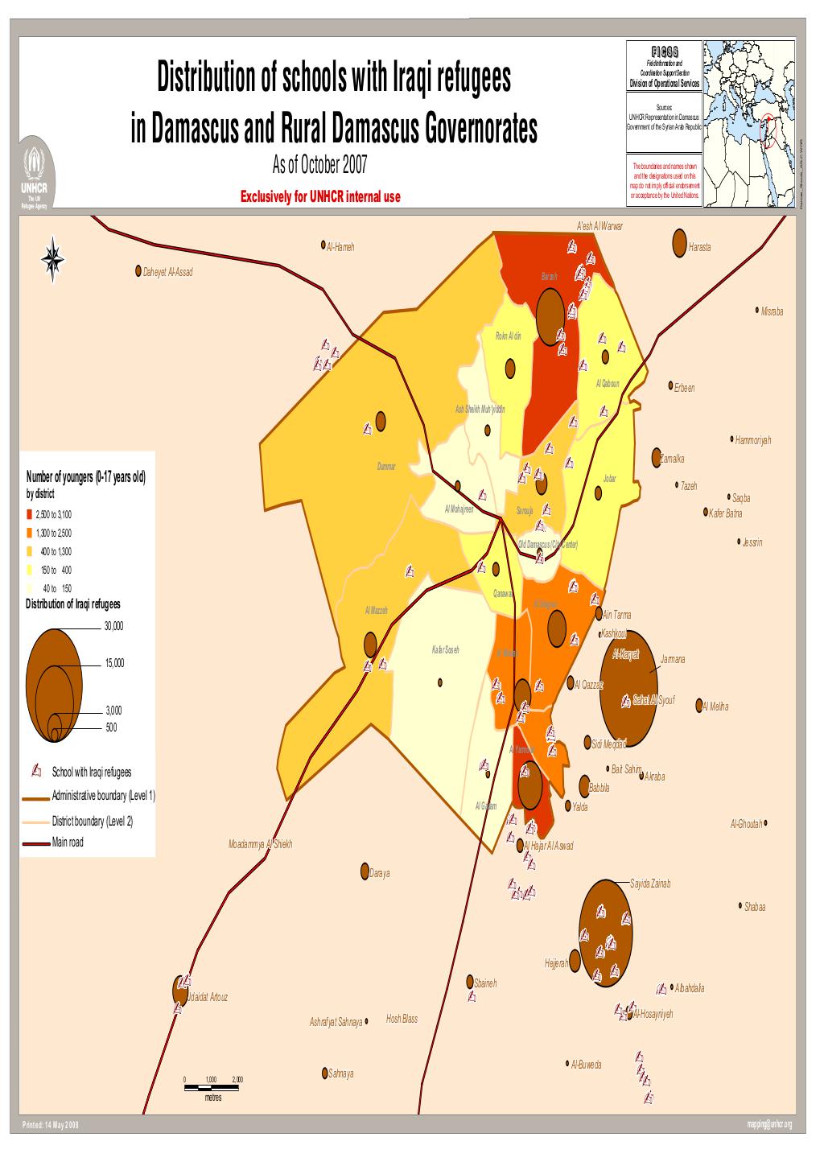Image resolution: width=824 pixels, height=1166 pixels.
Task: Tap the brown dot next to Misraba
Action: coord(757,310)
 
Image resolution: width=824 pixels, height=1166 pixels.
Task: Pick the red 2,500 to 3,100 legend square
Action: coord(30,514)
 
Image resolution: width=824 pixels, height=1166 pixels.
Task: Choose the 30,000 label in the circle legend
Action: coord(113,625)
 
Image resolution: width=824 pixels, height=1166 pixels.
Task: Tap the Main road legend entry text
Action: coord(67,843)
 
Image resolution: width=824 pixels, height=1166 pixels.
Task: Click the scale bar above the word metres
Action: coord(213,1087)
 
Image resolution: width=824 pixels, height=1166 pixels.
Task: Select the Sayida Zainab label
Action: coord(649,883)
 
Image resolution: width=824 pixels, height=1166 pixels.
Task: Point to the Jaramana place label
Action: coord(672,659)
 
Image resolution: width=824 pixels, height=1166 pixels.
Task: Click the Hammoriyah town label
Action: coord(753,440)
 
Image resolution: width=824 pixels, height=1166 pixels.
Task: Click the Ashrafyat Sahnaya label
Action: coord(336,1022)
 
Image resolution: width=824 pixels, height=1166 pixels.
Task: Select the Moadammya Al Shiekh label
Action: coord(260,845)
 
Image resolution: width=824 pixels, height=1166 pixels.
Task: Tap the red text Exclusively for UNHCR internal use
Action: coord(325,196)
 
